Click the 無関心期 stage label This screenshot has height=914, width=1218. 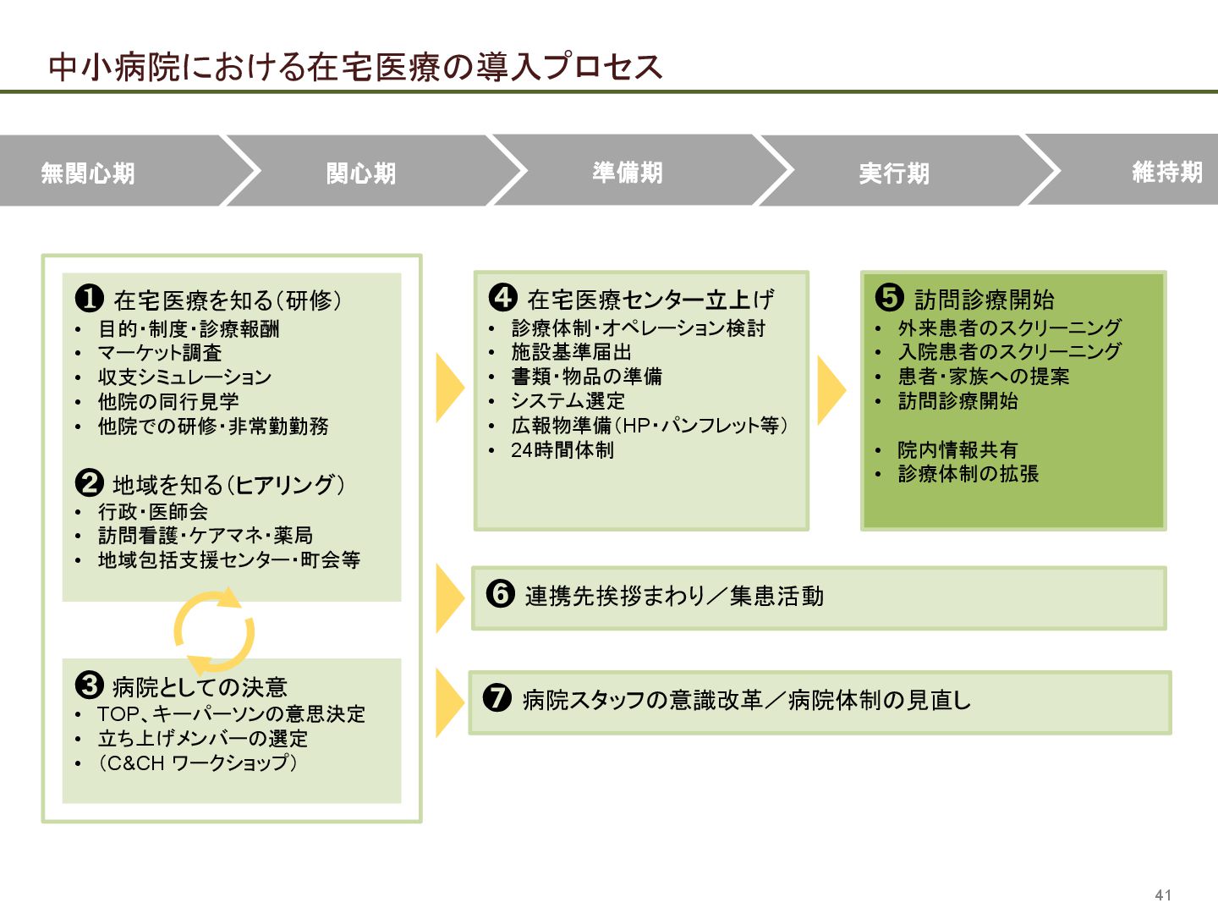coord(88,173)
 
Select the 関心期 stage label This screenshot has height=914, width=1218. coord(361,173)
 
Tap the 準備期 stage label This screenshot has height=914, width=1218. coord(628,173)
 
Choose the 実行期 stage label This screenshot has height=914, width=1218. coord(894,173)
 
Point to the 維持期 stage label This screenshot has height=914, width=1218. coord(1167,173)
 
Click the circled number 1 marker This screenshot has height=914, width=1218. coord(89,298)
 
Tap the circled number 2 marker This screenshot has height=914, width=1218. coord(89,482)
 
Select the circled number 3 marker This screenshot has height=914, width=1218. coord(89,685)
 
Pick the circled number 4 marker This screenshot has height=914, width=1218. coord(502,297)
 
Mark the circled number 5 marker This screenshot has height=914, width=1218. coord(889,297)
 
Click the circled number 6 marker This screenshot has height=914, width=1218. coord(500,593)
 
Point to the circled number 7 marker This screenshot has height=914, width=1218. coord(497,697)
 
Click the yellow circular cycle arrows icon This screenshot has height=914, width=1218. coord(214,631)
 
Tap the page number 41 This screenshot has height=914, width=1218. coord(1163,895)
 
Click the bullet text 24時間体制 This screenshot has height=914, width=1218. coord(562,450)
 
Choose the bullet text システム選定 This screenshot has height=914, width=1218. coord(568,401)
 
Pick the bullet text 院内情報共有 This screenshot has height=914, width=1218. coord(957,450)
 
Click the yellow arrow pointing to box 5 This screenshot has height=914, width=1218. coord(831,390)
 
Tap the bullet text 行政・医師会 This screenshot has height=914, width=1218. coord(153,511)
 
